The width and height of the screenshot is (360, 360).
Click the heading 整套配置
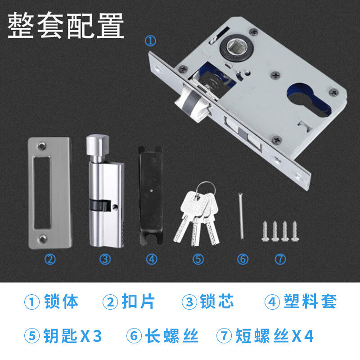(66, 26)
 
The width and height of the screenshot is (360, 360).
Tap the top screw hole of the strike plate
(42, 145)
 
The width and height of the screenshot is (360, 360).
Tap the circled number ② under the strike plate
(50, 259)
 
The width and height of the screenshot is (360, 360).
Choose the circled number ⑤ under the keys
(198, 259)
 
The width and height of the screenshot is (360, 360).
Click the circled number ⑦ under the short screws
(280, 259)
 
